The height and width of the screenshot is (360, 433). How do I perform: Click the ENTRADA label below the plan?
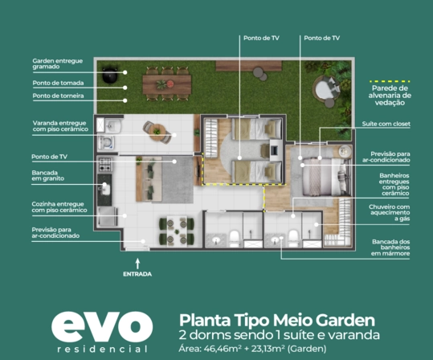(x=137, y=274)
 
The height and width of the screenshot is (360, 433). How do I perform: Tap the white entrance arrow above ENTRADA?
(x=137, y=264)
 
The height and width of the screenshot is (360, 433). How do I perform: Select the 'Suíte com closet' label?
(x=386, y=124)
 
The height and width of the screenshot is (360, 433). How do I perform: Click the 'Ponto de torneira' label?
(x=58, y=96)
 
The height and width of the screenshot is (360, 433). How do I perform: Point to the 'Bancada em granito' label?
(x=47, y=176)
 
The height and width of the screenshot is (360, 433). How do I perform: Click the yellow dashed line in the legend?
(x=390, y=81)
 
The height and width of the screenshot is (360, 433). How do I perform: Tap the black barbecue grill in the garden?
(x=110, y=74)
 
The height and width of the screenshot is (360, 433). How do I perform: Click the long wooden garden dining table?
(x=167, y=84)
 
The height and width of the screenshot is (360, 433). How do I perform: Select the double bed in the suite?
(x=325, y=177)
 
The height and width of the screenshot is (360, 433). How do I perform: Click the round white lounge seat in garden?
(x=325, y=88)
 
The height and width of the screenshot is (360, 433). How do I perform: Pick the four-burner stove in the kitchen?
(x=105, y=165)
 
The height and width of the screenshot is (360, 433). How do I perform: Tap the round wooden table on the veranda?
(x=157, y=133)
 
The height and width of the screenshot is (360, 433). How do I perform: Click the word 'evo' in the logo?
(x=102, y=326)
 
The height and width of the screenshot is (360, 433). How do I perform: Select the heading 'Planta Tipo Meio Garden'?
(x=277, y=321)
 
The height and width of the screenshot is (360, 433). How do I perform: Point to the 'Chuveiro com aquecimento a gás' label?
(x=389, y=213)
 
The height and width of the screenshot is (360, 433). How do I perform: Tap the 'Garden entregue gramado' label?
(x=58, y=63)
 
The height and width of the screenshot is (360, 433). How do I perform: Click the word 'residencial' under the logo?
(x=103, y=350)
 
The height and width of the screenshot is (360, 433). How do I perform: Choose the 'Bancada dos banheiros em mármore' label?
(x=390, y=247)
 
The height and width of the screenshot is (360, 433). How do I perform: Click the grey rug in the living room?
(x=178, y=179)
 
